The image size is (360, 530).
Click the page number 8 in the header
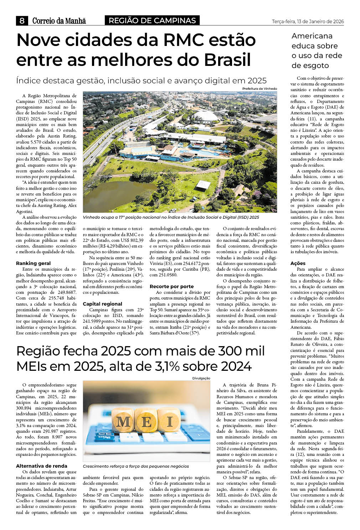22,21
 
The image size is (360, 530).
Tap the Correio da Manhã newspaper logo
59,21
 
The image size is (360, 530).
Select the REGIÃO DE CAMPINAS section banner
152,21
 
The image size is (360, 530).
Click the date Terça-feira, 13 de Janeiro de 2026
308,22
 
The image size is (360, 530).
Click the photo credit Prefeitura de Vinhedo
259,89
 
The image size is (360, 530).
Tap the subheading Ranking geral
33,263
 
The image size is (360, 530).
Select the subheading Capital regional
102,304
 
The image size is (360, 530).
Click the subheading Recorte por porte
171,286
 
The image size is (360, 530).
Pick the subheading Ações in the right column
298,263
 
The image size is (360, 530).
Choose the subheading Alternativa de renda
41,466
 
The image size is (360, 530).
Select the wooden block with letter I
169,421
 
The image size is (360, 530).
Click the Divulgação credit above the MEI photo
201,378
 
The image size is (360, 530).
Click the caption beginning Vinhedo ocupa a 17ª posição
171,217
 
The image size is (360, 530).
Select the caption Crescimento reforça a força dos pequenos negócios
136,466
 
